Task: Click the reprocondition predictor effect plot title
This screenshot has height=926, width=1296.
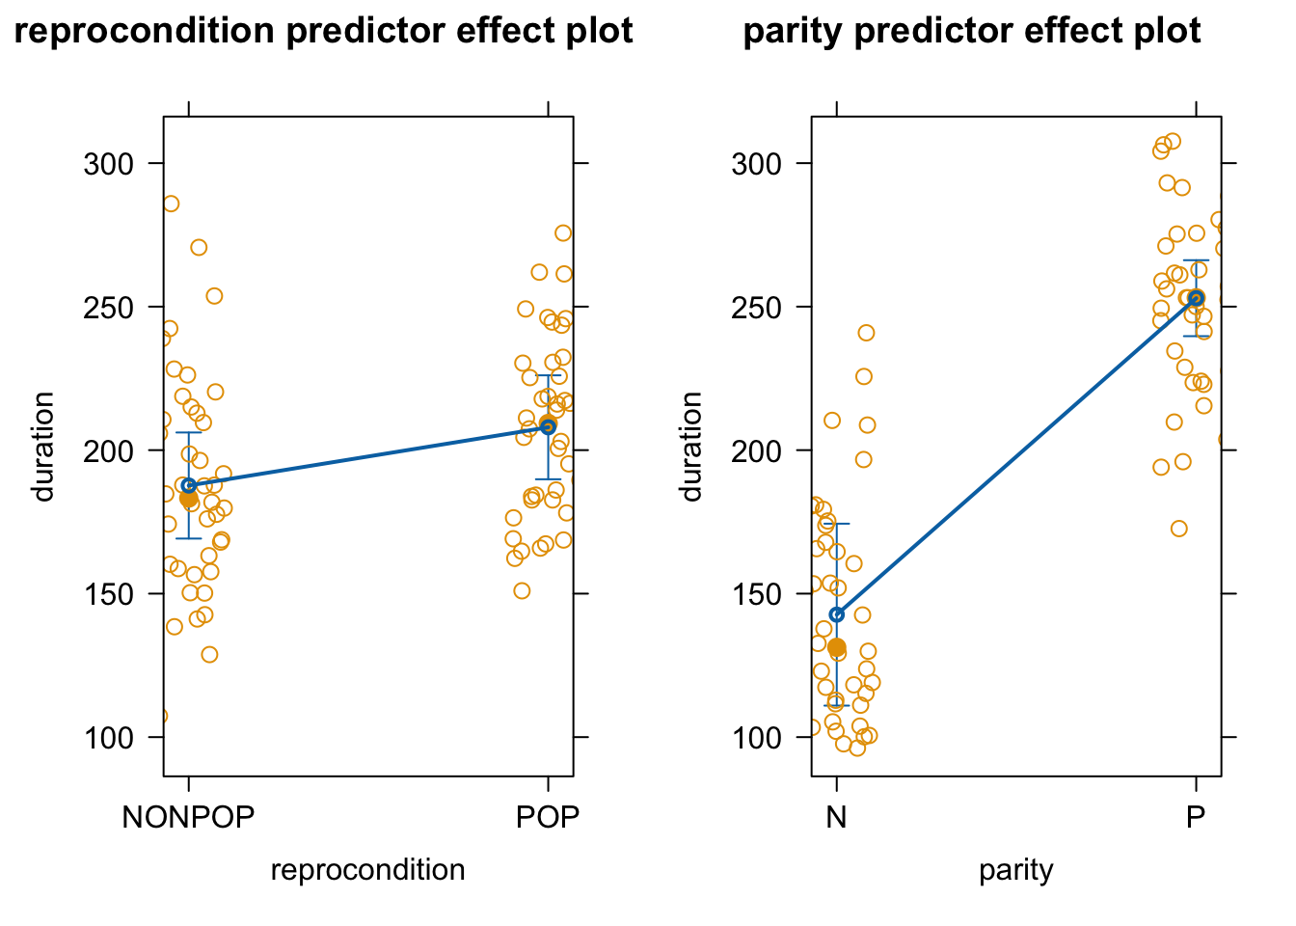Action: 324,32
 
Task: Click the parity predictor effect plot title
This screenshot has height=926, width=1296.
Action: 971,32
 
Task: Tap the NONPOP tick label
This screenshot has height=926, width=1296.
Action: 188,817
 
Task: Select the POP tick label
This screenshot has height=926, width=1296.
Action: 548,817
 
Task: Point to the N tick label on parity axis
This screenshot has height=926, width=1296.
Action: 836,817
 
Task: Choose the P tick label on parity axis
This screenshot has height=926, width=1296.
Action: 1196,817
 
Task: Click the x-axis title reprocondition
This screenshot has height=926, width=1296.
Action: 367,870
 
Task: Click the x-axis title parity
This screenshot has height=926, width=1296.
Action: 1015,870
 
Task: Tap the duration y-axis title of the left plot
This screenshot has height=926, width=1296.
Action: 43,447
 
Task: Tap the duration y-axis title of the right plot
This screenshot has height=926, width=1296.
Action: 691,447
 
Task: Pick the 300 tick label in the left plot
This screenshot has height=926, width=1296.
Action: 108,164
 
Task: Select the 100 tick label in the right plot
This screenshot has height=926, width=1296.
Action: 756,738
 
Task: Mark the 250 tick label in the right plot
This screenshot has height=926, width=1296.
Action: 756,308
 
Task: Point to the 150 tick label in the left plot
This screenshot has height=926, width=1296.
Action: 108,594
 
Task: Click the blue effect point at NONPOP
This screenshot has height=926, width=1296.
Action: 189,485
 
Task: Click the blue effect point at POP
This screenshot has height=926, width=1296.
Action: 548,426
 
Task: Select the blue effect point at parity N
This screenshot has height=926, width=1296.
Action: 837,614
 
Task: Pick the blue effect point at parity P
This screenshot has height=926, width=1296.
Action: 1196,298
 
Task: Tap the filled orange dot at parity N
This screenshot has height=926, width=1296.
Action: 837,647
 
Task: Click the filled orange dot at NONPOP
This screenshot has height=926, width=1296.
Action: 188,498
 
